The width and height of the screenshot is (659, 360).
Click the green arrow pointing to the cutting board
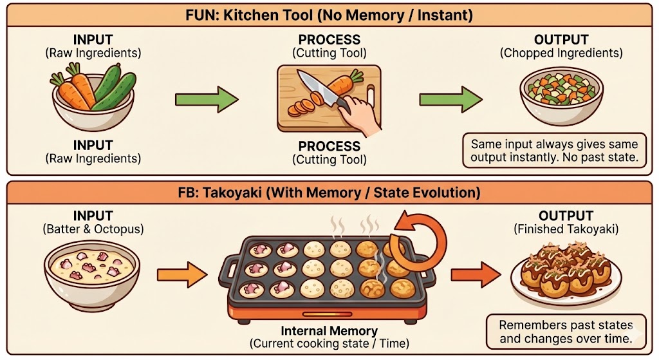pos(207,100)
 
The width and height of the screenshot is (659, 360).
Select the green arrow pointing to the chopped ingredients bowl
pos(450,100)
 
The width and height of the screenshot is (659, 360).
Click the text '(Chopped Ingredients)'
pos(561,53)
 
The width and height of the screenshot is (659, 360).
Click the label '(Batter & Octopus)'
pos(93,229)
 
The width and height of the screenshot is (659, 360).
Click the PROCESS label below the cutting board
pos(329,146)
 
